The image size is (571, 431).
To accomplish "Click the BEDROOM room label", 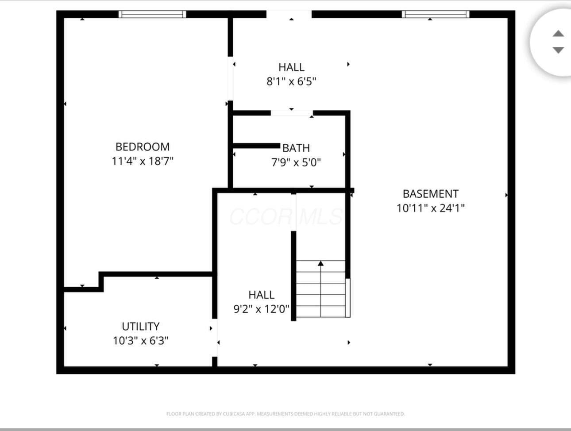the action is point(143,147).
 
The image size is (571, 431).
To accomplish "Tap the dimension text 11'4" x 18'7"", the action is point(143,161).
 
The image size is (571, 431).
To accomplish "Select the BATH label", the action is point(296,148).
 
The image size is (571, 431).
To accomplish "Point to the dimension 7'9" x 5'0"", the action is point(296,162).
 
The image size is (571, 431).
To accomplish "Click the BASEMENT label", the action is point(431,194).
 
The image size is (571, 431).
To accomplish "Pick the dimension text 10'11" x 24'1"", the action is point(431,208).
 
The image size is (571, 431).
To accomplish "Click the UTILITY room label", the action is point(141,327).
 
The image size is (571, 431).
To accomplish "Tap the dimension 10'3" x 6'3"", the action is point(141,341).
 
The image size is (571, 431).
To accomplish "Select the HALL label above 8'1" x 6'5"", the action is point(291,67).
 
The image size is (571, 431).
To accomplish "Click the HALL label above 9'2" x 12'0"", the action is point(262,295).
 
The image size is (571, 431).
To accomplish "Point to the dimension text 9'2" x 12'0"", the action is point(262,309).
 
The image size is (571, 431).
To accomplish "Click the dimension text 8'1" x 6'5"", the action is point(291,81).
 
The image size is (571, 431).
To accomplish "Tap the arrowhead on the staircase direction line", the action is point(321,263).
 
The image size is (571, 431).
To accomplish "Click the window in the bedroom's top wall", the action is point(152,14).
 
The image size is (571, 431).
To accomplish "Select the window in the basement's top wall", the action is point(436,14).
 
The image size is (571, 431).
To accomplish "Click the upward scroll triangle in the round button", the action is point(558,33).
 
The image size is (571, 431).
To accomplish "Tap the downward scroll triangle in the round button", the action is point(558,50).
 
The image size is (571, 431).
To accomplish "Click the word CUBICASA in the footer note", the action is point(233,414).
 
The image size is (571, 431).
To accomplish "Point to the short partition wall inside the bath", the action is point(256,146).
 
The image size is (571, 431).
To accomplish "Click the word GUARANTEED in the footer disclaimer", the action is point(389,414).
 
